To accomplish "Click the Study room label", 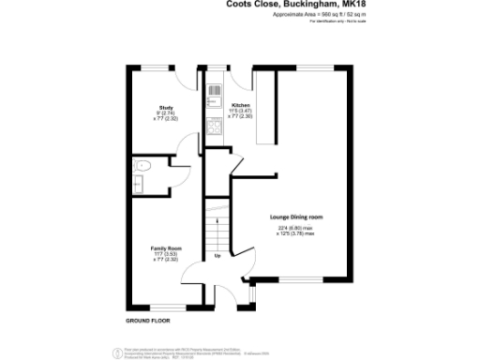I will pos(165,108).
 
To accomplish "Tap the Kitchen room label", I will pos(241,105).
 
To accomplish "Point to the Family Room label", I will pos(166,248).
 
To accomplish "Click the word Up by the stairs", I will pos(218,255).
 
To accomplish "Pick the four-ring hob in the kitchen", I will pos(213,129).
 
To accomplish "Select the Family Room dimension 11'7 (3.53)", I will pos(166,254).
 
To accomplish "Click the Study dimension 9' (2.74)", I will pos(165,113).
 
